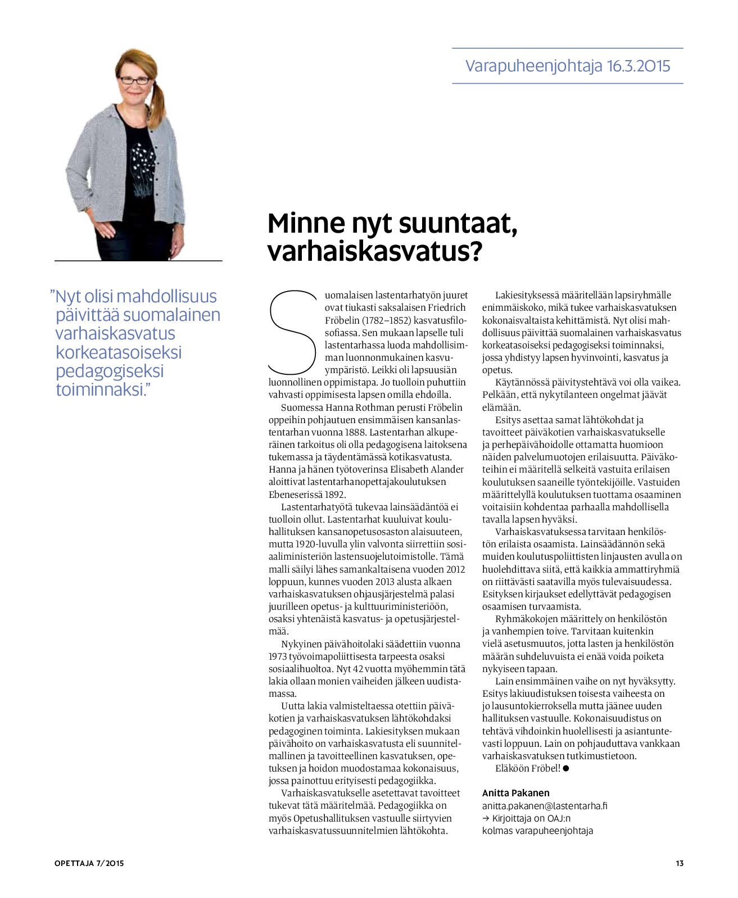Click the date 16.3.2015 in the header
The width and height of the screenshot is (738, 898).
click(x=639, y=66)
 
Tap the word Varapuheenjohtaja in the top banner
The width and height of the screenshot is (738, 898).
click(x=533, y=66)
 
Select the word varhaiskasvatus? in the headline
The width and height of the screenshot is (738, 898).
click(x=375, y=252)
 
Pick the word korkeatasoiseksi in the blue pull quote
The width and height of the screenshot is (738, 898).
click(x=119, y=352)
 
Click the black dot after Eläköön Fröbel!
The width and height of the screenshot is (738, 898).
click(x=566, y=768)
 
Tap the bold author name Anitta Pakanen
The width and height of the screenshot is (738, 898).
click(x=515, y=793)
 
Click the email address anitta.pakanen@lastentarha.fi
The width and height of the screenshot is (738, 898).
click(x=545, y=806)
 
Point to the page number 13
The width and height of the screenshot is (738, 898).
click(x=680, y=863)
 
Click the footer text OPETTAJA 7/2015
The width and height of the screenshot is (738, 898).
click(x=89, y=863)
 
